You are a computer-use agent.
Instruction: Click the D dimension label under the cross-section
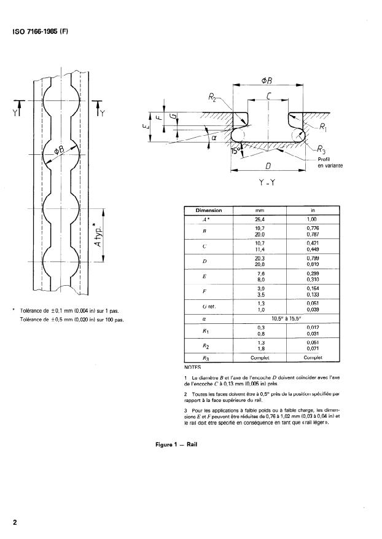tap(268, 167)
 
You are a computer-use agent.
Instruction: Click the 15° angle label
tap(236, 149)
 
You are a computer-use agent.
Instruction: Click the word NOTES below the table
tap(192, 367)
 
